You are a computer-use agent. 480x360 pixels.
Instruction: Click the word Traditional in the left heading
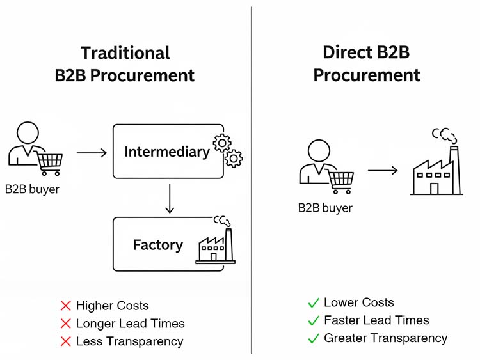(125, 53)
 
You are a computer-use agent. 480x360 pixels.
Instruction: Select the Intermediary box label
(166, 152)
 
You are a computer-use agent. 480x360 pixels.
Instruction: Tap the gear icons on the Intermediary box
(229, 150)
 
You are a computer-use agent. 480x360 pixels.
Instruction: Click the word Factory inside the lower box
(157, 244)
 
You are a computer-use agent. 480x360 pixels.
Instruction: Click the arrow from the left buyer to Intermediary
(92, 153)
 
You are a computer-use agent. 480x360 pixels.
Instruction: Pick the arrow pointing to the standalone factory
(383, 171)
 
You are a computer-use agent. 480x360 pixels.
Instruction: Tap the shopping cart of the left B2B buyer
(49, 162)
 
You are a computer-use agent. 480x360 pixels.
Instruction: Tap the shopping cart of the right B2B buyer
(340, 181)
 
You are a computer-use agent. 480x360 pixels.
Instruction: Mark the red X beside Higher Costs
(65, 306)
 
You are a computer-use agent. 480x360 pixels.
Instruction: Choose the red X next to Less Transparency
(65, 341)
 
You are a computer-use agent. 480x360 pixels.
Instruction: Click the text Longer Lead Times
(130, 324)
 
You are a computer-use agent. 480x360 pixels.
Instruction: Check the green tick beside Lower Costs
(314, 302)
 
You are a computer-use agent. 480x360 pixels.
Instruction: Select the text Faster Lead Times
(376, 320)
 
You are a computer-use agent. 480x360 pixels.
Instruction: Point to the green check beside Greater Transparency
(314, 338)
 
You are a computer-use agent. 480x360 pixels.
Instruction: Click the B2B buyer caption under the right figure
(325, 208)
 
